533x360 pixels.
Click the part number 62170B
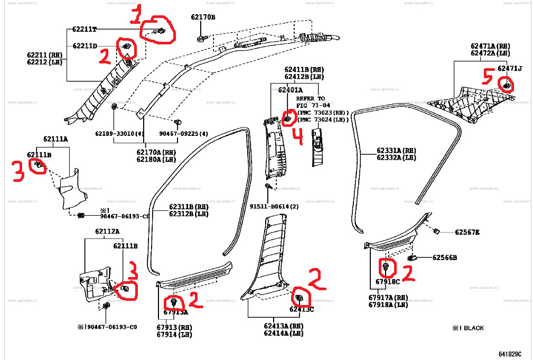(x=203, y=17)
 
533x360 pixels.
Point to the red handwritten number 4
(x=297, y=138)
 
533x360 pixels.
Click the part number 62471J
(x=509, y=69)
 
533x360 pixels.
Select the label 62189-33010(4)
(x=120, y=134)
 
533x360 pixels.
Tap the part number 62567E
(x=467, y=232)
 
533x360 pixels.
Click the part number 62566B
(x=444, y=257)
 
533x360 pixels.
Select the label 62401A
(x=290, y=90)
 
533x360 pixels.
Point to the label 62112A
(x=107, y=231)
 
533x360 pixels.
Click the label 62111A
(x=55, y=139)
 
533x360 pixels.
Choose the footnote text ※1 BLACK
(x=467, y=328)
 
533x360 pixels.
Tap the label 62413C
(x=301, y=309)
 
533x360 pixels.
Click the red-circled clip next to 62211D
(x=127, y=48)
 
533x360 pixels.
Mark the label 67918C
(x=388, y=282)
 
